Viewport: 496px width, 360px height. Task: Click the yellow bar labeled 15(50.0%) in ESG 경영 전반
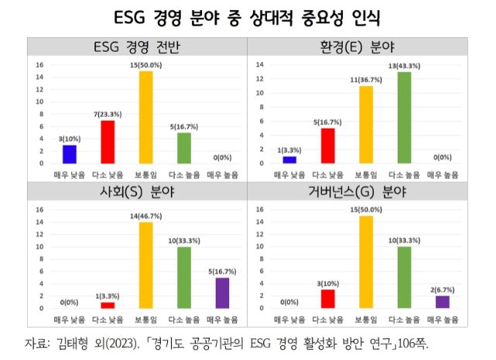click(x=145, y=117)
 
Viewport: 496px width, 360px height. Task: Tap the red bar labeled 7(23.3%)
click(x=108, y=142)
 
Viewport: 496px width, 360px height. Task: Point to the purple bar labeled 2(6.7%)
click(x=442, y=302)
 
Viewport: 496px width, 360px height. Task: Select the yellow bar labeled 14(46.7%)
click(x=145, y=266)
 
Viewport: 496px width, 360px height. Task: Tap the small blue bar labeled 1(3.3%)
click(x=289, y=159)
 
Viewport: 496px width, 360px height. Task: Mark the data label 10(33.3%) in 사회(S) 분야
click(x=183, y=240)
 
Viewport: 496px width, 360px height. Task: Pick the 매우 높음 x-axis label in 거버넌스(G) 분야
click(x=443, y=320)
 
